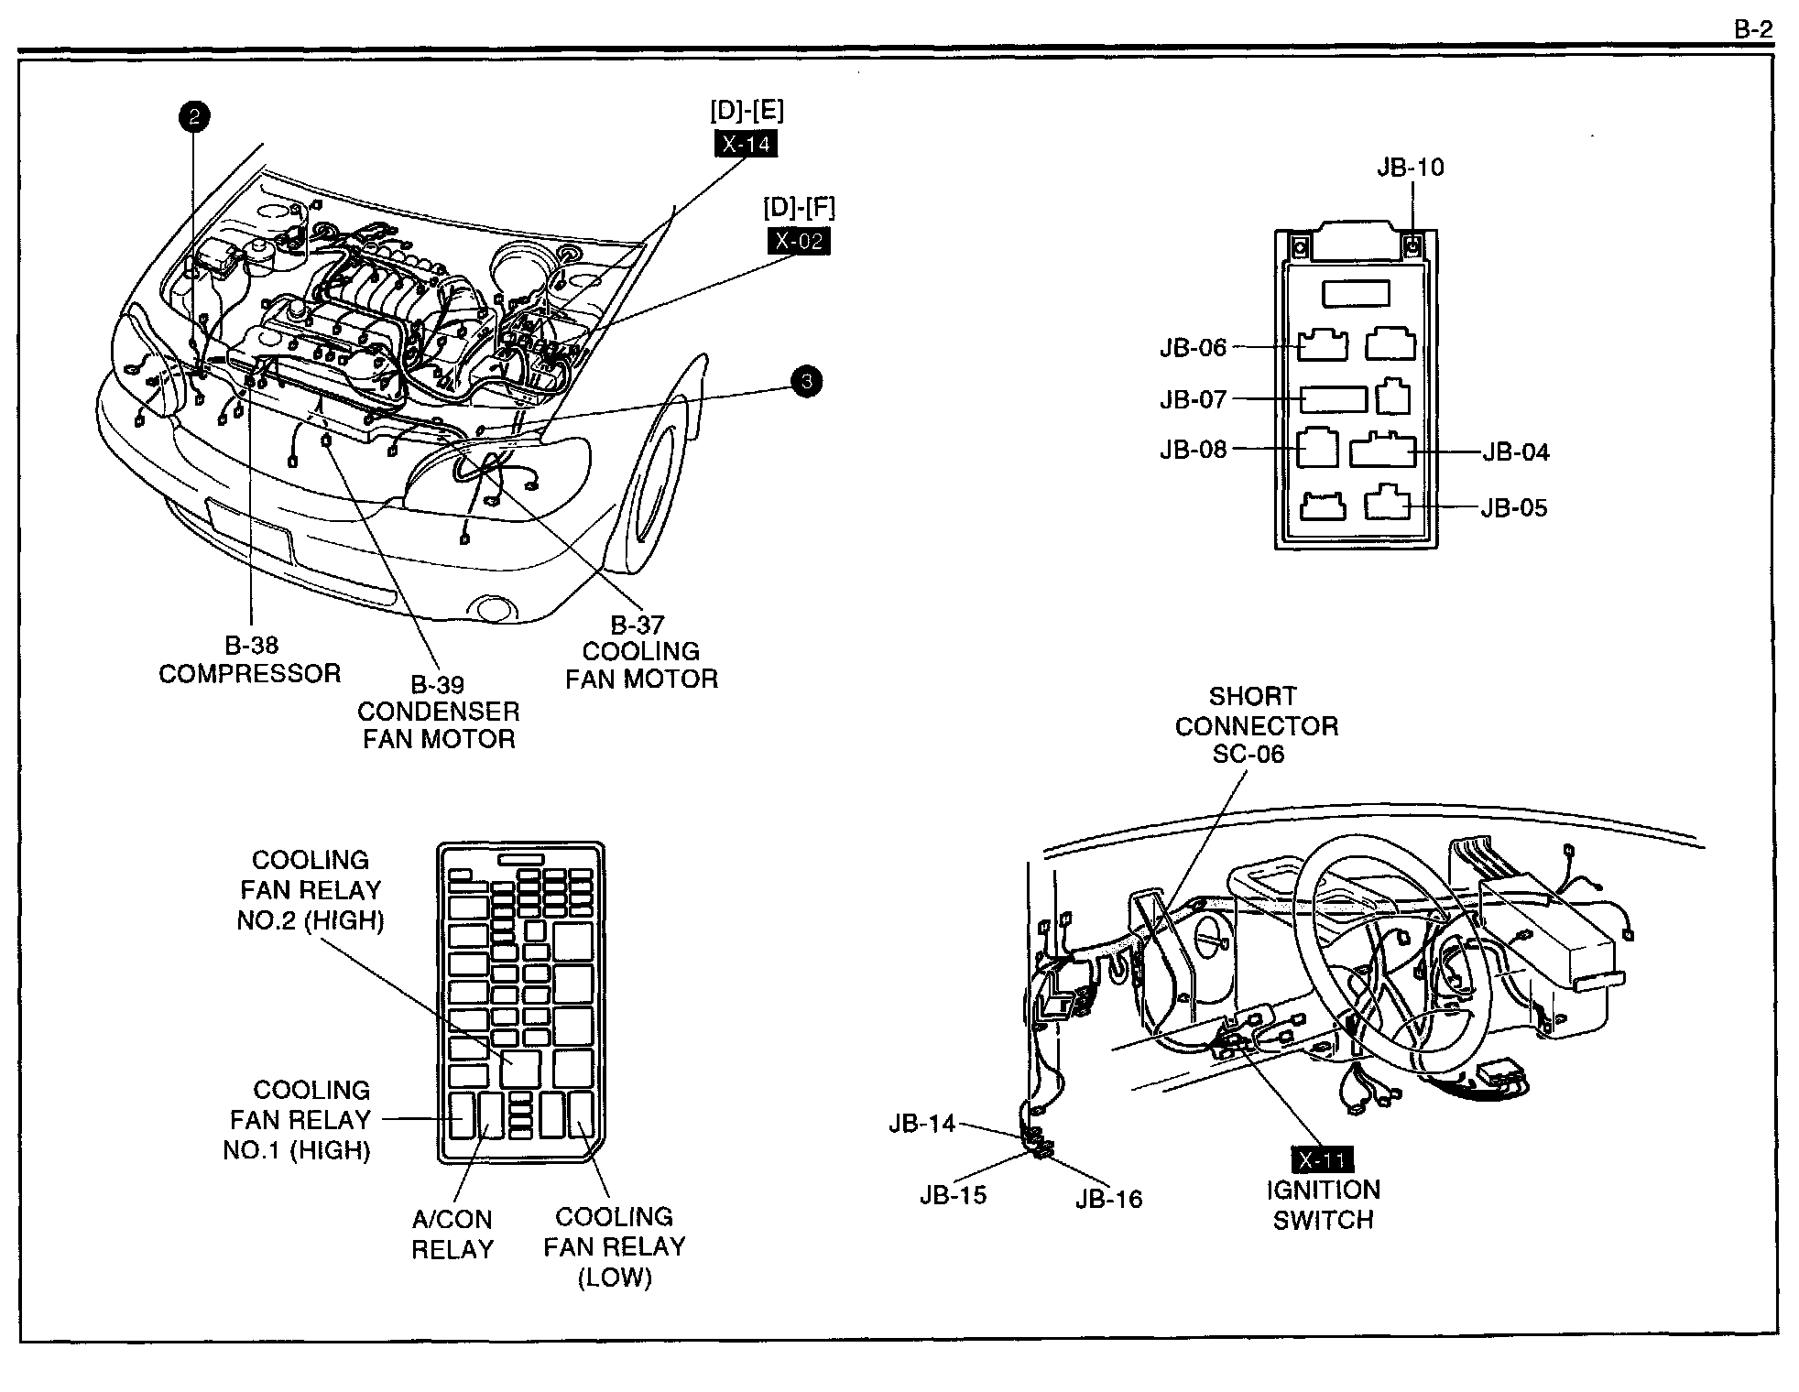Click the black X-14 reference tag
(x=746, y=144)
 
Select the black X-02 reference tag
(x=799, y=241)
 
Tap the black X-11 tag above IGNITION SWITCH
(x=1322, y=1160)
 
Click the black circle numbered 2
(x=194, y=116)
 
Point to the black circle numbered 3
(x=806, y=381)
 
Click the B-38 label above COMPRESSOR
(x=251, y=646)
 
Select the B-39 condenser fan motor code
(x=437, y=684)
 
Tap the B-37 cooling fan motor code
(x=638, y=625)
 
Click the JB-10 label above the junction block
(x=1410, y=167)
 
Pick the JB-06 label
(x=1193, y=348)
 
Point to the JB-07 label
(x=1193, y=400)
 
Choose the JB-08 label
(x=1193, y=450)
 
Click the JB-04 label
(x=1516, y=452)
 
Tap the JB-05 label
(x=1514, y=508)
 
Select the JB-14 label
(x=921, y=1124)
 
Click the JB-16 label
(x=1109, y=1199)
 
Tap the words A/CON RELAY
(x=452, y=1234)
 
